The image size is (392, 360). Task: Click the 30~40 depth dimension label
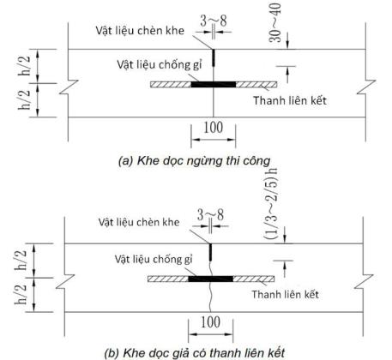click(x=275, y=23)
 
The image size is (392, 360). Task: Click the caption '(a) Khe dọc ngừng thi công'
click(x=195, y=161)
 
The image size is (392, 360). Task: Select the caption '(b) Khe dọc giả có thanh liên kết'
click(x=195, y=353)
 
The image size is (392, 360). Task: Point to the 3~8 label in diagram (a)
click(x=214, y=21)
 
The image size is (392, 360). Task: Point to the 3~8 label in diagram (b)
click(x=211, y=215)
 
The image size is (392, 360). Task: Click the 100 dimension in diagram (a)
click(x=213, y=128)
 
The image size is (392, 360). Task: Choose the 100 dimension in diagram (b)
click(x=210, y=322)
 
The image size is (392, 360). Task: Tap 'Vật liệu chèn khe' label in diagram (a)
click(x=140, y=31)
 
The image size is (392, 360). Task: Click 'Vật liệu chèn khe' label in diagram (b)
click(x=139, y=222)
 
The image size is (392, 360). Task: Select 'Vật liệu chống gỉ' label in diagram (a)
click(x=160, y=64)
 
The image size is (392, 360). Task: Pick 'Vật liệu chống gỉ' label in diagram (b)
click(x=154, y=259)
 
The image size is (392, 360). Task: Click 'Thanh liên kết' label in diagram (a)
click(x=290, y=100)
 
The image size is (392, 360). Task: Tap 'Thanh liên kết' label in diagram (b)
click(x=285, y=294)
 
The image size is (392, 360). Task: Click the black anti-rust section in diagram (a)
click(x=214, y=84)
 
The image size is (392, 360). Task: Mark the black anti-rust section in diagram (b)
click(x=211, y=279)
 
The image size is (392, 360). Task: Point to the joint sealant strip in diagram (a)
click(x=214, y=58)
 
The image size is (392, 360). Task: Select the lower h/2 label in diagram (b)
click(x=21, y=294)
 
